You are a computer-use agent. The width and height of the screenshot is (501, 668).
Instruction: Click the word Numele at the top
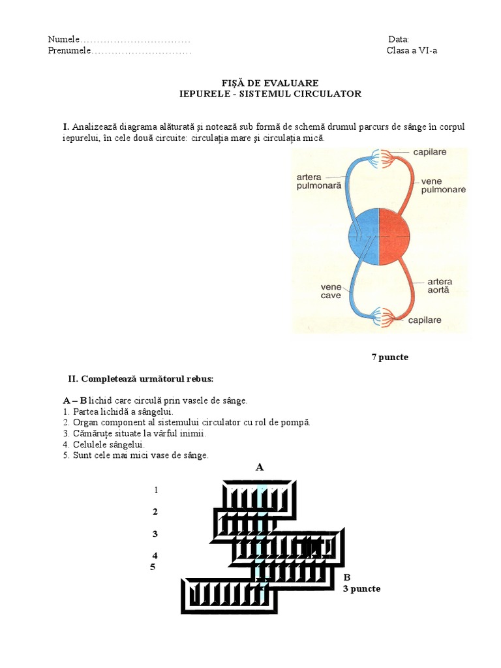click(63, 40)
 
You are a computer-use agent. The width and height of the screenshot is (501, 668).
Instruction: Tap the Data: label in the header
click(399, 40)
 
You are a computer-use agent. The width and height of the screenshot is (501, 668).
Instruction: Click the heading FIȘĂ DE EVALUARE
click(270, 83)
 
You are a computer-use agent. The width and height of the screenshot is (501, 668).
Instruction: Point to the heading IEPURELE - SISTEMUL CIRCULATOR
click(270, 94)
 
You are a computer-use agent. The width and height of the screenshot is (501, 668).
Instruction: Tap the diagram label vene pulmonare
click(443, 185)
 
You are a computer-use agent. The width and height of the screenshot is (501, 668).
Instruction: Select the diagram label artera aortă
click(439, 286)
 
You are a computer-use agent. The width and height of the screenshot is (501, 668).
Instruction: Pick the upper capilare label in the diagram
click(430, 152)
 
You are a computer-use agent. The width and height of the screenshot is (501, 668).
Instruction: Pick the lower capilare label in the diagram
click(425, 320)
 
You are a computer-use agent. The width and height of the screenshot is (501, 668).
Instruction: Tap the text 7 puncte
click(389, 357)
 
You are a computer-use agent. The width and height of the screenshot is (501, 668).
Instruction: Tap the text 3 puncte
click(361, 588)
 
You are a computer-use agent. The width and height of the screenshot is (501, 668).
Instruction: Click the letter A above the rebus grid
click(260, 467)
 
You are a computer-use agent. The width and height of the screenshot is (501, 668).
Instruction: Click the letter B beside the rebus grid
click(347, 577)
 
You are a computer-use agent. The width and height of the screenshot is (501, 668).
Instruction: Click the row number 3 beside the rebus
click(155, 534)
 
